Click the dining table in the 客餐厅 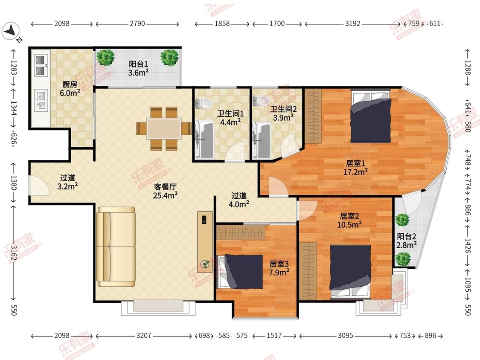click(x=164, y=128)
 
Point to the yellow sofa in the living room click(x=116, y=247)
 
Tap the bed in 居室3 click(x=240, y=272)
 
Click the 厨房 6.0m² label click(x=70, y=89)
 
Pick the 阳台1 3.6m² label click(x=138, y=68)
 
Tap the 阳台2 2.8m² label click(x=407, y=241)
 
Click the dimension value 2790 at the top click(x=137, y=23)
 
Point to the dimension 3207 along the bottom click(x=143, y=336)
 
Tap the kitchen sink click(x=41, y=100)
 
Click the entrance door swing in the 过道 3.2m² click(x=39, y=185)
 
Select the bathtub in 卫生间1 click(x=204, y=140)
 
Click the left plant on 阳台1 click(x=105, y=58)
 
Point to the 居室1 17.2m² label click(x=355, y=168)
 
